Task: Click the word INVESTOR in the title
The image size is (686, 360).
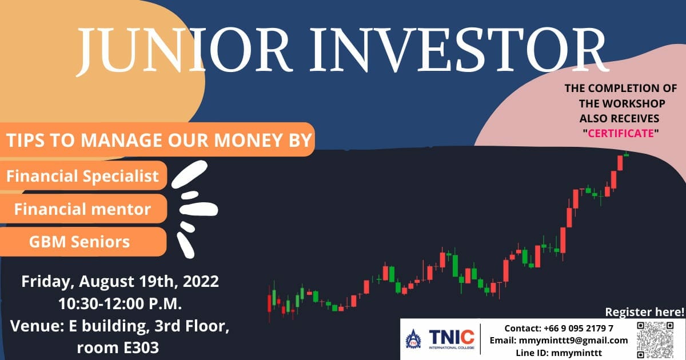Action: coord(458,50)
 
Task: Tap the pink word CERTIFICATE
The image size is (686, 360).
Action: coord(621,134)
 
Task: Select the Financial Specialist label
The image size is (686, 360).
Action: coord(82,176)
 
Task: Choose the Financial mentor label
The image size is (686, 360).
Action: coord(82,209)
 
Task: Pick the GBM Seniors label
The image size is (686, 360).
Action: coord(79,242)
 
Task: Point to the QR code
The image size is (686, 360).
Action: coord(655,340)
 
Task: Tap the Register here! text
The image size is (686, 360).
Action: coord(645,312)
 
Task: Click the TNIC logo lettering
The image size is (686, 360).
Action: coord(452,337)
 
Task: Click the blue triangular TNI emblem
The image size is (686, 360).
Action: coord(413,339)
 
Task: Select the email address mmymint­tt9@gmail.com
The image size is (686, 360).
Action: coord(573,341)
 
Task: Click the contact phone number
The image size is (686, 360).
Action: coord(579,328)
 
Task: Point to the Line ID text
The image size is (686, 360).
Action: coord(559,353)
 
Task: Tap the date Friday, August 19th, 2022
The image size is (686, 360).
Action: coord(120,282)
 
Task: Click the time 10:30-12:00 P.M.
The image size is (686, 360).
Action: coord(120,303)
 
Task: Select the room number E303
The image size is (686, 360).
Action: coord(141,348)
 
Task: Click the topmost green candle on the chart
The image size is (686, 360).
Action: coord(627,155)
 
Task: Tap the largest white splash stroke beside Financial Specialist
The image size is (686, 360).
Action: coord(189,174)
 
